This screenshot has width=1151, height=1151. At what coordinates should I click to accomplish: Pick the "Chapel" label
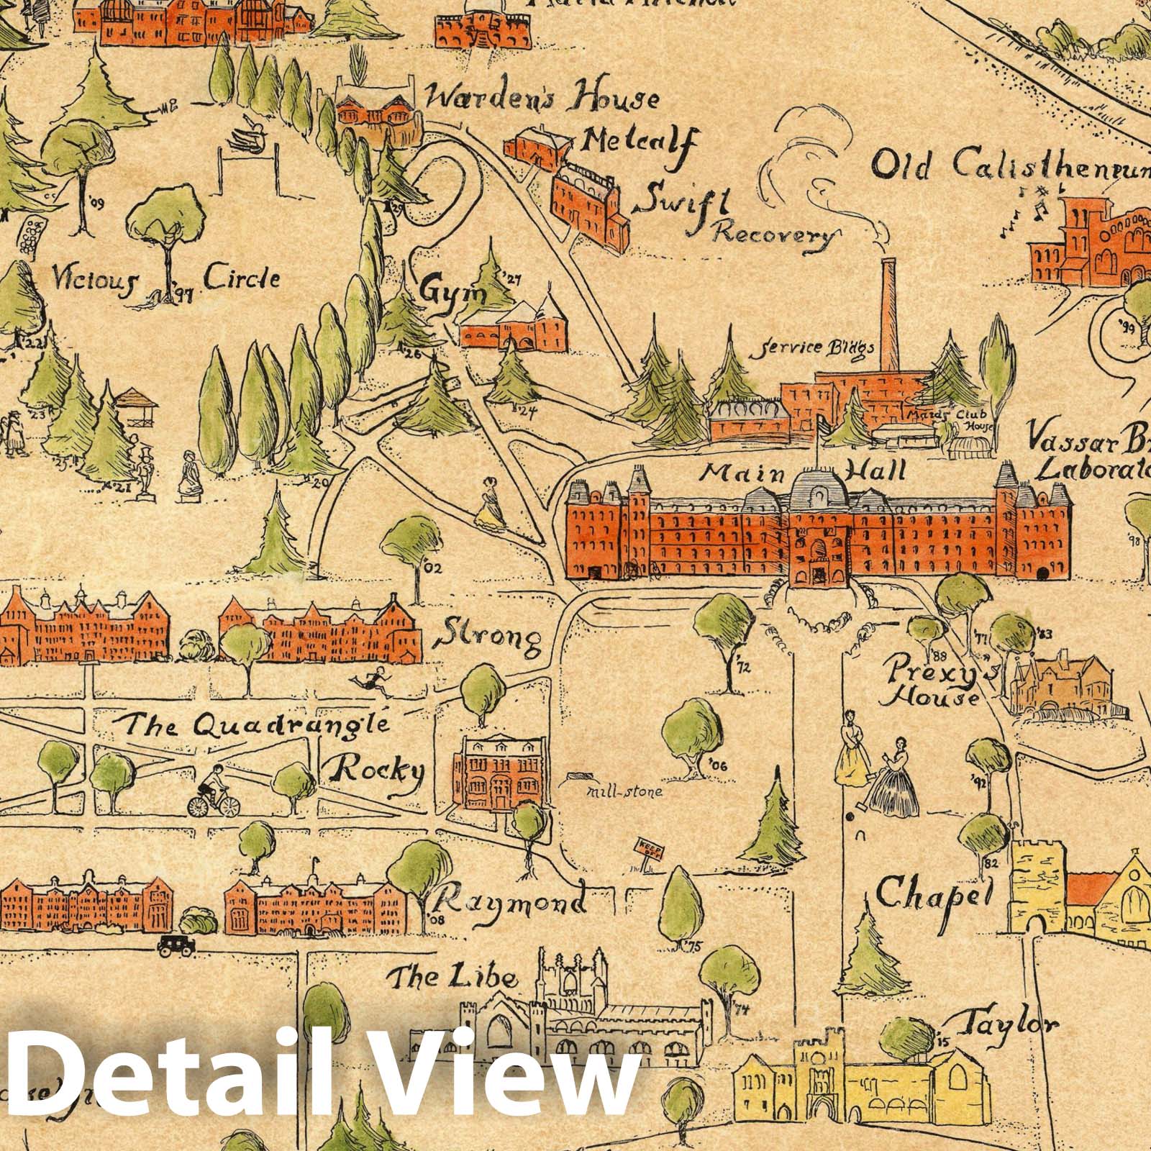933,894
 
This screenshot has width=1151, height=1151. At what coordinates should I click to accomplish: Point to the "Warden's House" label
541,99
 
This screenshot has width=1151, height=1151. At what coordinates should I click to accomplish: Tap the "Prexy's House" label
935,683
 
